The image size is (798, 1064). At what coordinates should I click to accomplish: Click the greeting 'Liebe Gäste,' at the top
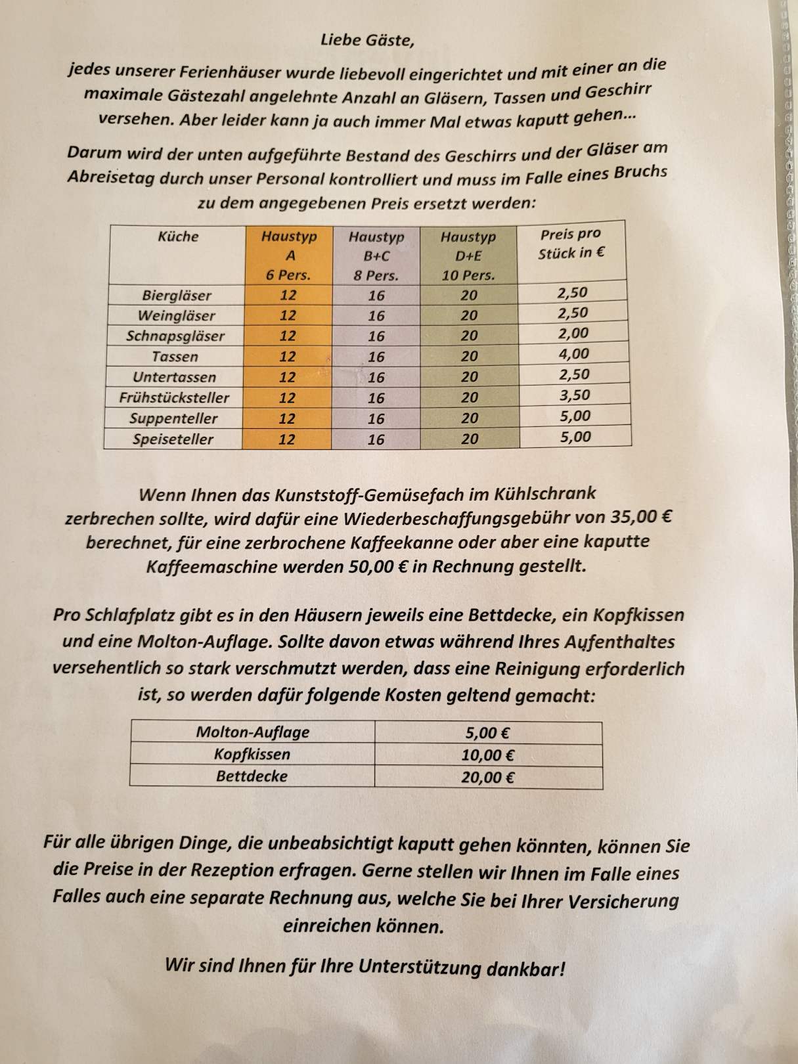pos(367,40)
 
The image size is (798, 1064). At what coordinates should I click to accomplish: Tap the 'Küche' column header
pos(178,236)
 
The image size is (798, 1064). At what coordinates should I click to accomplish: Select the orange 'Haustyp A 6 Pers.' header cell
pos(288,255)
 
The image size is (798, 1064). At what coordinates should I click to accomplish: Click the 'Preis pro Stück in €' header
pos(571,244)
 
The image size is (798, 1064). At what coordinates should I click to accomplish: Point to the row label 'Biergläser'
pos(177,296)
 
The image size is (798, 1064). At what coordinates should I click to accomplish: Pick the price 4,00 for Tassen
pos(573,354)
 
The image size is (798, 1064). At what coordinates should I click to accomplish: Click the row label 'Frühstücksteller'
pos(174,398)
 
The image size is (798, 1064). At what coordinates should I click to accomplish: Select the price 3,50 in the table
pos(574,395)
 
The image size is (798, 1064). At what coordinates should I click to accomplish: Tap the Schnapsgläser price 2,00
pos(573,334)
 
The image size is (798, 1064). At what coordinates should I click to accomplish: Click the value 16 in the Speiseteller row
pos(376,439)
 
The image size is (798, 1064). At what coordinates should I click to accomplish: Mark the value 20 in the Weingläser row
pos(469,315)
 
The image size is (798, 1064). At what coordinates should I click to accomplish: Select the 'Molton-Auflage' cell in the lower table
pos(253,732)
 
